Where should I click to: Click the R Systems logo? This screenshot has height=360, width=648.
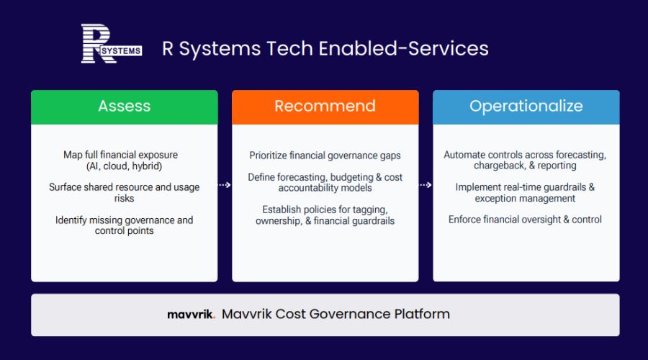click(112, 43)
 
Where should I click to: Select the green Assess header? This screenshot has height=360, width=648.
click(125, 107)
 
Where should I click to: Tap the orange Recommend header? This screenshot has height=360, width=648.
click(325, 107)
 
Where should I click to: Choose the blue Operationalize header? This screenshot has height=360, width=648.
click(526, 107)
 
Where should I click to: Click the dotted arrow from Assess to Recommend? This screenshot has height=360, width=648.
click(225, 185)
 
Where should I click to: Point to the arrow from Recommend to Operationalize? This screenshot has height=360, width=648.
click(426, 185)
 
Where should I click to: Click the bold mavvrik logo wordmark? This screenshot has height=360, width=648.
click(191, 315)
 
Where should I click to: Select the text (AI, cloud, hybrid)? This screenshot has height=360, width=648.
click(124, 166)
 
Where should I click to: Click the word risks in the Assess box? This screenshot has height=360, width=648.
click(124, 199)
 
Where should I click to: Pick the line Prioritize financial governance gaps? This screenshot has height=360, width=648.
click(325, 156)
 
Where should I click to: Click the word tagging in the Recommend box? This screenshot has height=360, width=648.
click(371, 210)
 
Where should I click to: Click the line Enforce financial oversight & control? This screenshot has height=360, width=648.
click(525, 220)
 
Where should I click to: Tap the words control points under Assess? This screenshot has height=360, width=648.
click(124, 231)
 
